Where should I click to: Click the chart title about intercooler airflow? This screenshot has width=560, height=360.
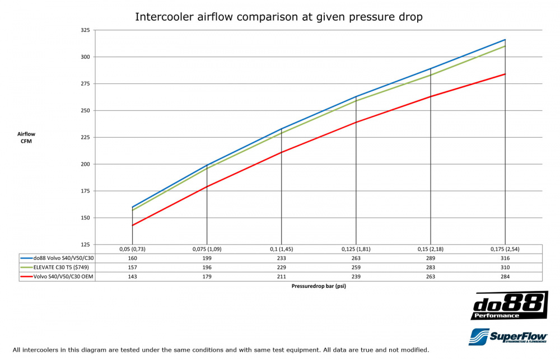point(279,17)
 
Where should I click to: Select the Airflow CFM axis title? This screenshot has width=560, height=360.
point(26,138)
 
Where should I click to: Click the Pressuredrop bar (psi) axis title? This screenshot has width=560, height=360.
point(318,286)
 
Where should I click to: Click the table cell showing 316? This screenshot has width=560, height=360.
point(505,258)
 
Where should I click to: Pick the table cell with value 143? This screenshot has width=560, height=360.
point(132,276)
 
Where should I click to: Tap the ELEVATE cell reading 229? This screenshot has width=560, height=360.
point(281,267)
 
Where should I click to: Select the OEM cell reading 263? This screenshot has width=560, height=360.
point(431,276)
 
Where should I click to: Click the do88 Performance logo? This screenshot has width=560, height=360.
point(509,306)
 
